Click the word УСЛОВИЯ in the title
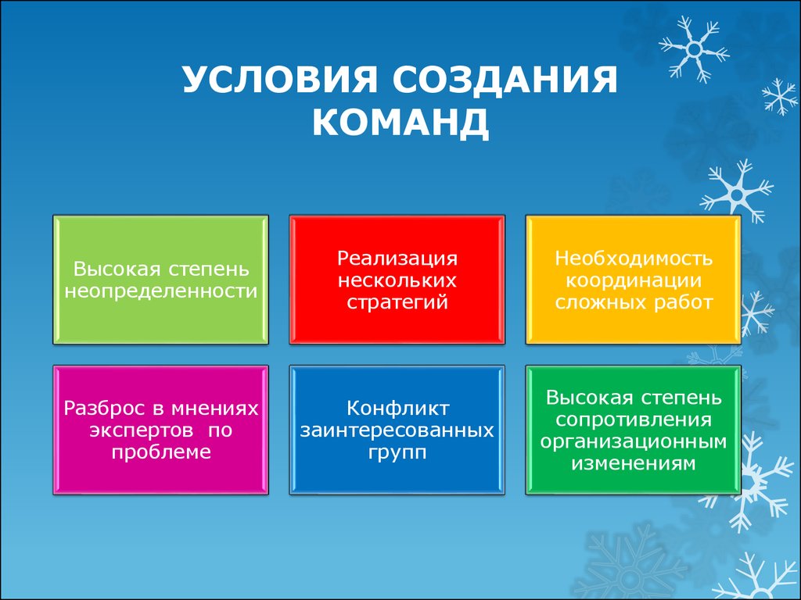(279, 80)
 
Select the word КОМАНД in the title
(400, 123)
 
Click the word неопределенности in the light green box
(161, 291)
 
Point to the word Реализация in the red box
(397, 259)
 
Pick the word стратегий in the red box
(397, 302)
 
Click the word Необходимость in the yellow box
(634, 258)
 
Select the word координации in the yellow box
(634, 280)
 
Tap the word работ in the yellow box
(682, 302)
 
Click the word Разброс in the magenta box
(105, 408)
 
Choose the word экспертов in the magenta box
(142, 430)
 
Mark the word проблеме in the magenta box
(161, 452)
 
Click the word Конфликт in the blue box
(397, 408)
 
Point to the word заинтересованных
(397, 430)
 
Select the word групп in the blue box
(397, 453)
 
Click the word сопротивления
(634, 420)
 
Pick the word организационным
(634, 442)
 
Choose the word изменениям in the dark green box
(634, 464)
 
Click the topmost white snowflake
(695, 49)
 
